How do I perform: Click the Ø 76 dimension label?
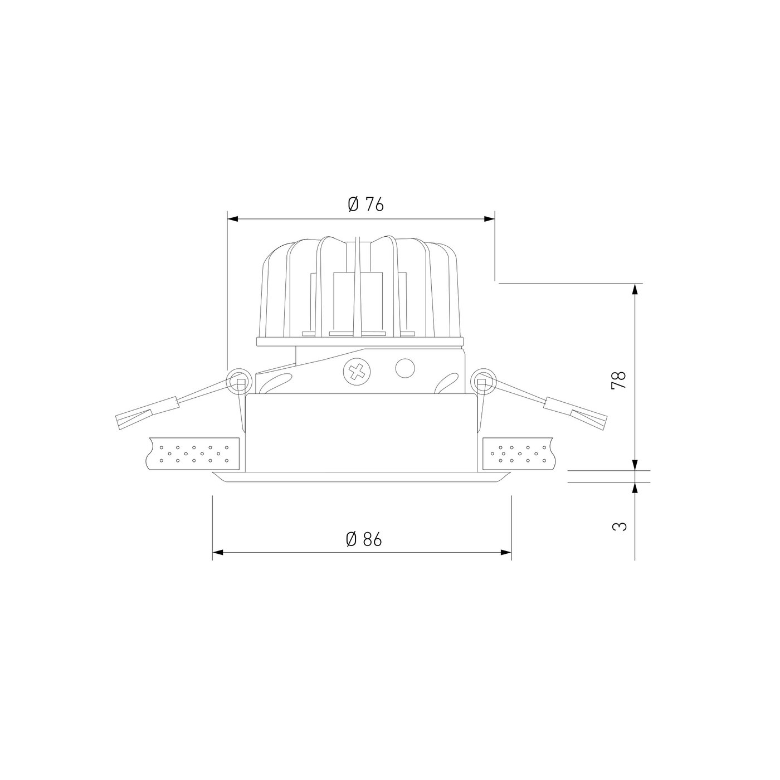click(x=365, y=205)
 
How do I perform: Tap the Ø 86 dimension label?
click(x=364, y=539)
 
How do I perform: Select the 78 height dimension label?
click(x=619, y=379)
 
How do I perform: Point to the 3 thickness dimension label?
click(x=620, y=526)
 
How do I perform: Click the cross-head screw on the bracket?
click(x=357, y=371)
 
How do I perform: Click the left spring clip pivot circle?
click(x=240, y=381)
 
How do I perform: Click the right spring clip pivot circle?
click(x=484, y=381)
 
